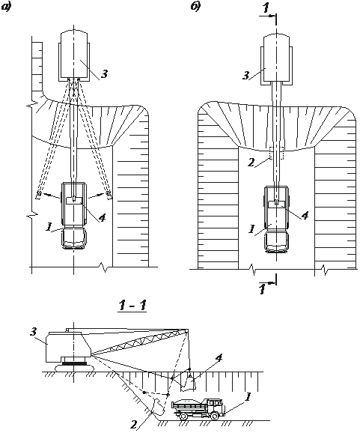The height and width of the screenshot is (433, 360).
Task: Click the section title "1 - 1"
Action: pos(132,306)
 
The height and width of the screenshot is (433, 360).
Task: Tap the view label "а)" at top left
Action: pos(5,7)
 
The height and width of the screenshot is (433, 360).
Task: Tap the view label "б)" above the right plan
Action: pos(195,7)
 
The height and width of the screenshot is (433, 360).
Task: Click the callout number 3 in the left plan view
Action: pos(104,74)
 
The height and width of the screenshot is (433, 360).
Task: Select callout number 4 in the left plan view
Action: pos(102,218)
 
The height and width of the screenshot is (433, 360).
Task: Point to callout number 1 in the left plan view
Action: pos(49,227)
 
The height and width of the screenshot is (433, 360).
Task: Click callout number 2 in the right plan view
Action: pos(251,163)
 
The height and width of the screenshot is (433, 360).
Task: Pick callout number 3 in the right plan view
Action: pos(245,75)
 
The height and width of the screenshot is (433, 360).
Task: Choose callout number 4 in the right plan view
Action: pos(305,216)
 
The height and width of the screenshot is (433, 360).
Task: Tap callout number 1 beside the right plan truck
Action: pos(251,229)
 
